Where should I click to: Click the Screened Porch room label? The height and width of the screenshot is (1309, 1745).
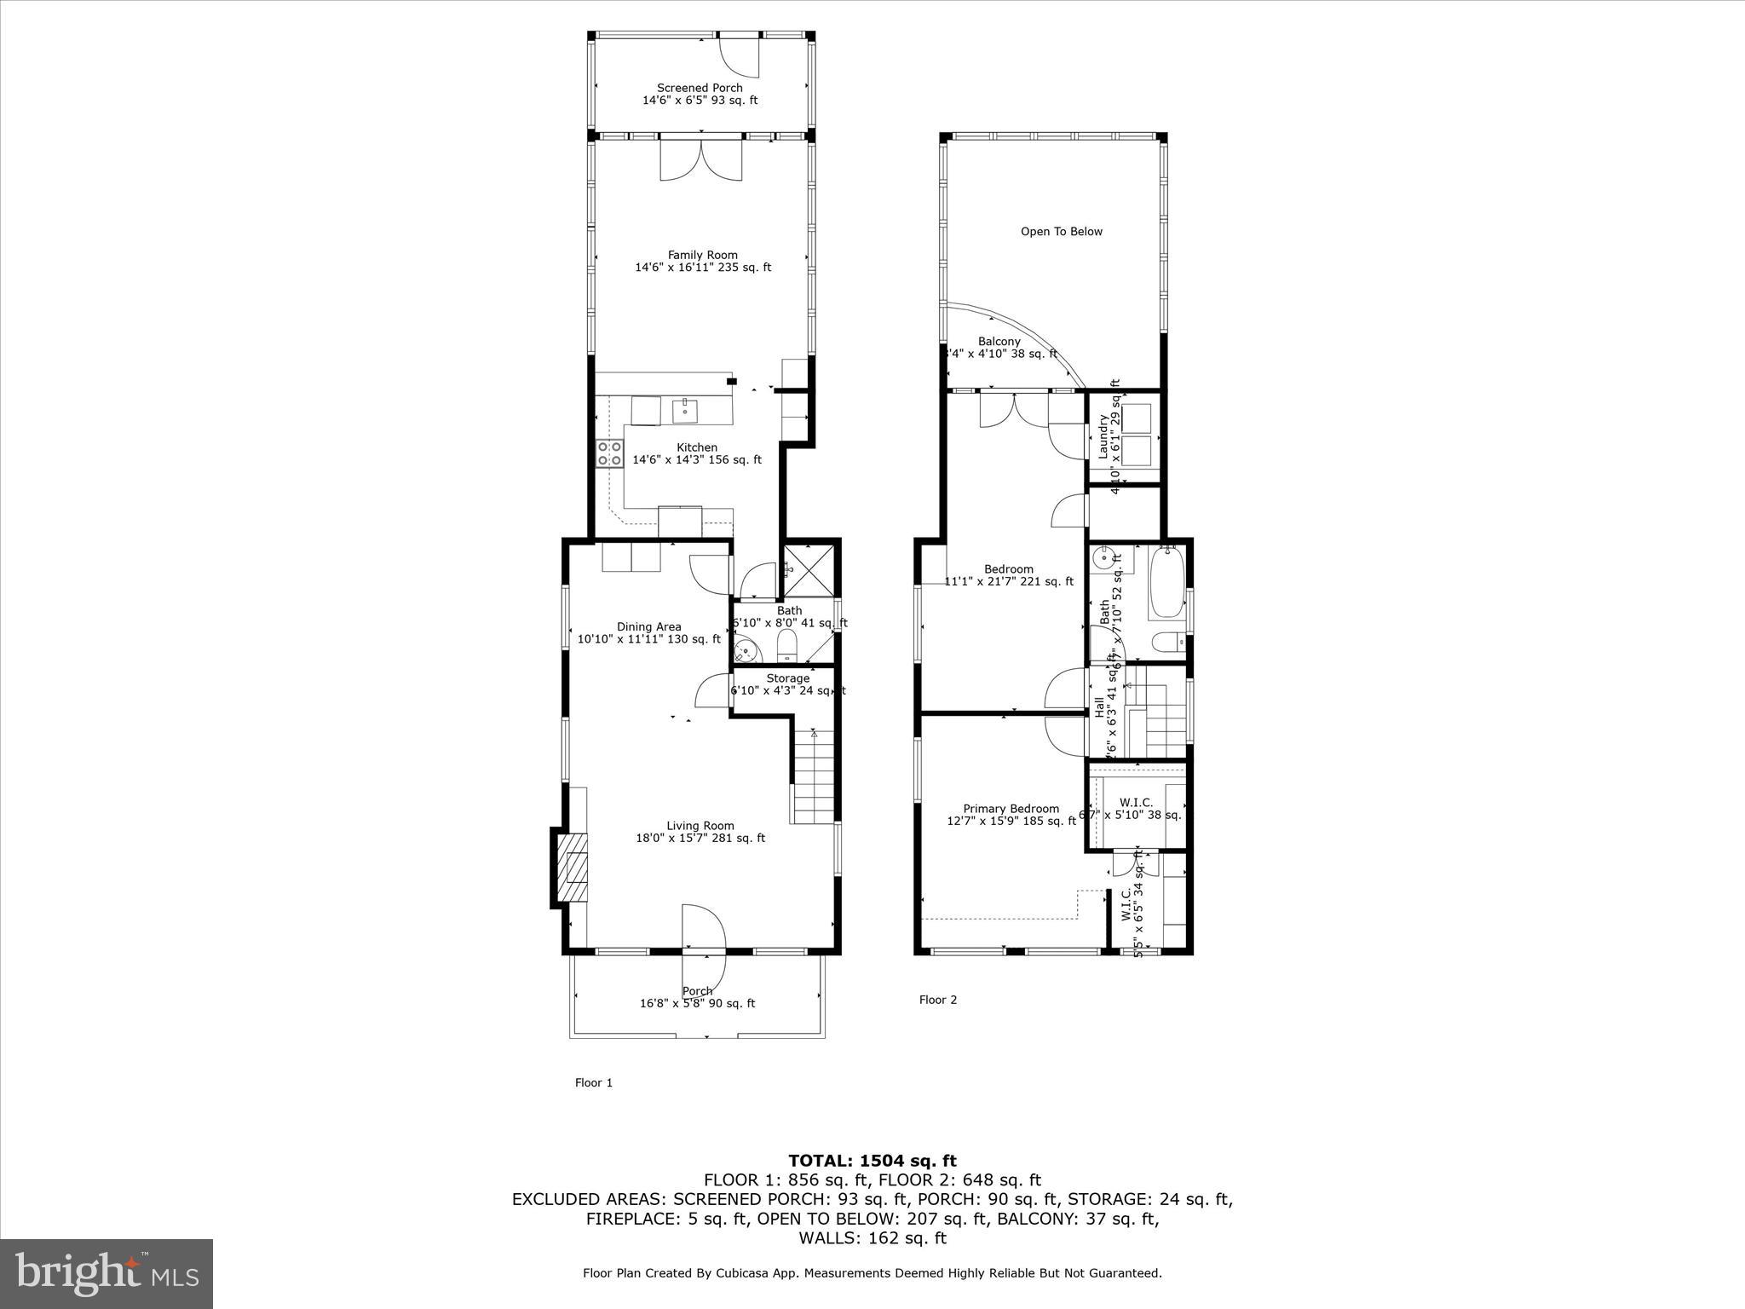(700, 88)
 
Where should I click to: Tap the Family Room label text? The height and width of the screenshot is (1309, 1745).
(702, 255)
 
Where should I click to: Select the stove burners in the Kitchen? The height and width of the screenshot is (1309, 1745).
(608, 453)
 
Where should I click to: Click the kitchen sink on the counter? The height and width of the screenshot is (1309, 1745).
(684, 411)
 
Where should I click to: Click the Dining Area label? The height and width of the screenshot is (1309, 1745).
(648, 627)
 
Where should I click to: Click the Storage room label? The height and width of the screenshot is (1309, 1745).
(787, 678)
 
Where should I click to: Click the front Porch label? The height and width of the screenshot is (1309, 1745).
(697, 991)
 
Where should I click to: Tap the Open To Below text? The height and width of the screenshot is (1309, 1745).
(1061, 232)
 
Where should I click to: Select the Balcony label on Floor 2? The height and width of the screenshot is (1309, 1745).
(999, 342)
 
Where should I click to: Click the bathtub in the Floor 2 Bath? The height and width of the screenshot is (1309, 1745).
(1166, 584)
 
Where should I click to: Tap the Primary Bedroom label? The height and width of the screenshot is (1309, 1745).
(1011, 809)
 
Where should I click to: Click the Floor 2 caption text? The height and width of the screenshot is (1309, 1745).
(937, 1000)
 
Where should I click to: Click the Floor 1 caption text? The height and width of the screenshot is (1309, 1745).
(593, 1082)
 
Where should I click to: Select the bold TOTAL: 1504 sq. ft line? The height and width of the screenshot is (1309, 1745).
(872, 1161)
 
